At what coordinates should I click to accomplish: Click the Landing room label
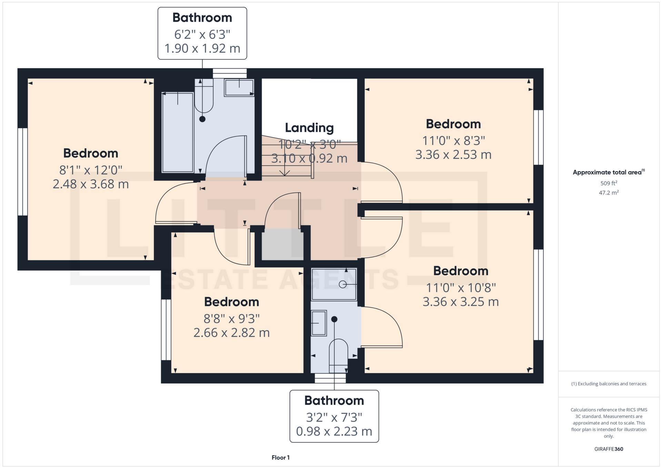[309, 128]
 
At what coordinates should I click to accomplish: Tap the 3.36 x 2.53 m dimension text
[453, 155]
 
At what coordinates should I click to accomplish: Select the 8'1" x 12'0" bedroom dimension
[91, 170]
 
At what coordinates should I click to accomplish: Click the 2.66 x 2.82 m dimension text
[231, 333]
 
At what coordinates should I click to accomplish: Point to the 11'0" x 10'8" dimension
[461, 288]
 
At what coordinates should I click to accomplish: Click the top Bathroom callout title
[202, 18]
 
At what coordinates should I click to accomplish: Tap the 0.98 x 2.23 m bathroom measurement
[334, 431]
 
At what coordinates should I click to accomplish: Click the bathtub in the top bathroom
[178, 132]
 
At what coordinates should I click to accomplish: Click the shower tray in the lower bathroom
[334, 284]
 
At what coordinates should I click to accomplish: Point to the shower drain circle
[342, 284]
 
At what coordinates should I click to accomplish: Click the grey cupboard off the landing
[282, 246]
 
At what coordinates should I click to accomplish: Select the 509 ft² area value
[609, 183]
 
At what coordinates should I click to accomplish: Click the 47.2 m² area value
[609, 193]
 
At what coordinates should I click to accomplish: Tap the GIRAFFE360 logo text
[609, 449]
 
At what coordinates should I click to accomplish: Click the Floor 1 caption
[280, 458]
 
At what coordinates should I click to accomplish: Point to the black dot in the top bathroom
[202, 119]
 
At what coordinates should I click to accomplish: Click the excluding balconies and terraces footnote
[609, 384]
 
